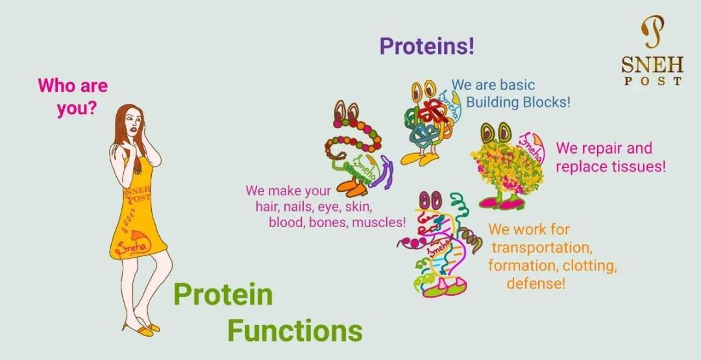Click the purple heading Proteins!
426,47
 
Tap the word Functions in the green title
295,331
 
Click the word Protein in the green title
223,294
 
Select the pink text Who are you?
73,96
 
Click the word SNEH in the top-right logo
652,66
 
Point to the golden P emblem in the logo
653,32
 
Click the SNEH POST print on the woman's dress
138,195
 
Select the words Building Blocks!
518,102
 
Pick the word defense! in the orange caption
536,283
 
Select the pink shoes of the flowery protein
500,203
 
